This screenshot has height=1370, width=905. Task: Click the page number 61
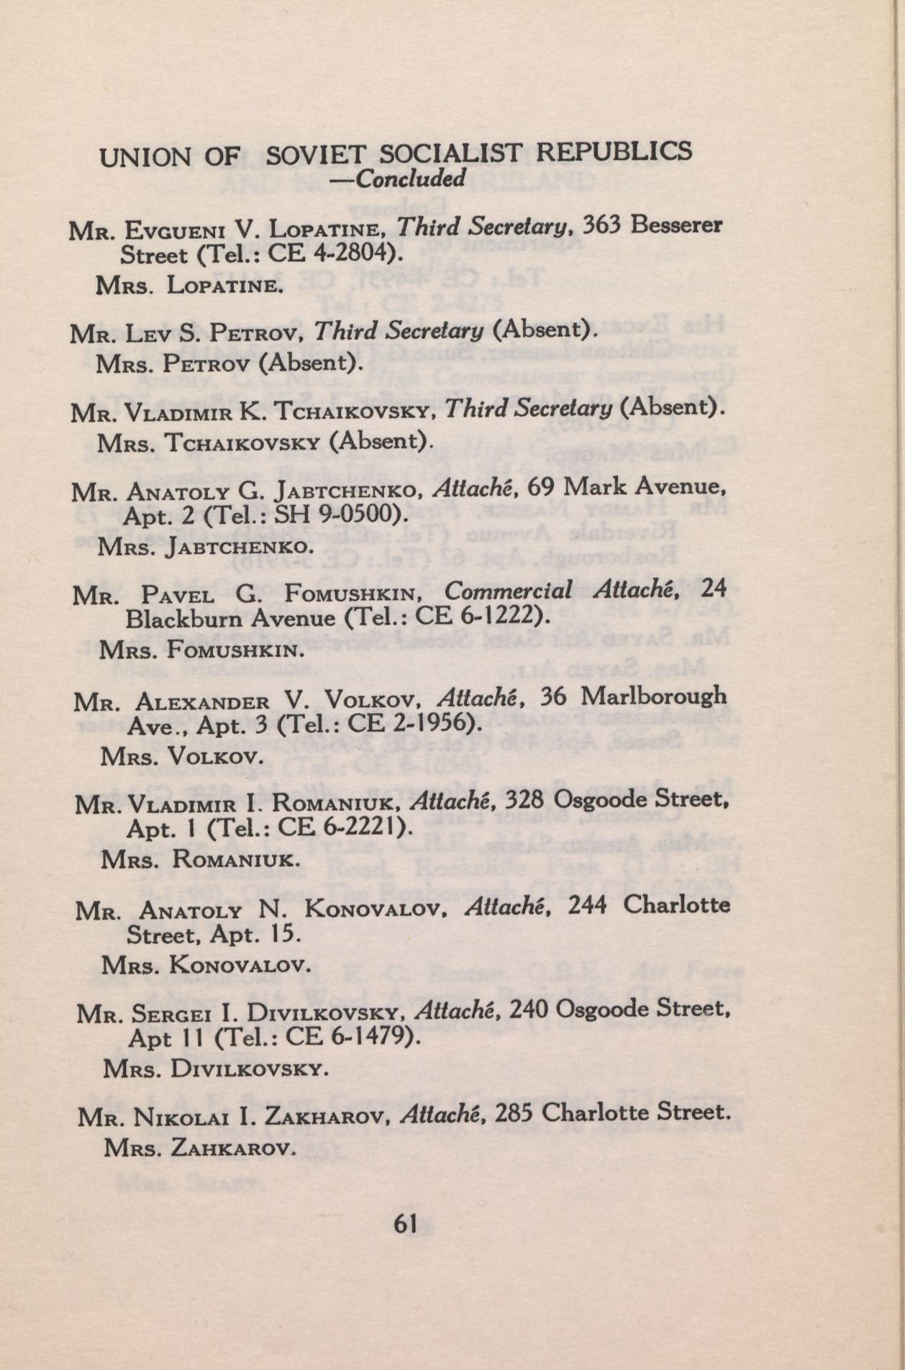click(x=406, y=1223)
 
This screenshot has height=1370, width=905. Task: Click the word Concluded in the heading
click(x=411, y=177)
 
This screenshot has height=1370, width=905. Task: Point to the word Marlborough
click(x=653, y=697)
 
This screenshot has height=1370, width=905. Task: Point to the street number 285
click(x=514, y=1114)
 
